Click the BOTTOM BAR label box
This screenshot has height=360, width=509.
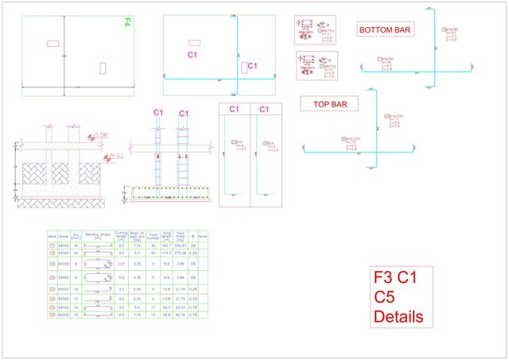click(x=385, y=30)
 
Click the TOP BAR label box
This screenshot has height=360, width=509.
click(x=328, y=104)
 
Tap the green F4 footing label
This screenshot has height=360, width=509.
click(x=126, y=22)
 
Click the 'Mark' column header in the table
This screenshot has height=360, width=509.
click(x=52, y=235)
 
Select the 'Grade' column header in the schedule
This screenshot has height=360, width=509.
click(x=64, y=235)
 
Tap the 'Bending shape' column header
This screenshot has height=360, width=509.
click(x=98, y=235)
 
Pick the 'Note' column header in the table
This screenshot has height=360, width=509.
click(x=203, y=235)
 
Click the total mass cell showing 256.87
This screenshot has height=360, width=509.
click(x=180, y=246)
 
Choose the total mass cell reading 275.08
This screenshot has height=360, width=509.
click(x=180, y=253)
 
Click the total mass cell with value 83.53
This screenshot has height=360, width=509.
click(x=180, y=306)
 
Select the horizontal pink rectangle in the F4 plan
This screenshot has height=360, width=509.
click(x=53, y=43)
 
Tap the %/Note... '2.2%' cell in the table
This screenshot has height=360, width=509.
click(x=193, y=253)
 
